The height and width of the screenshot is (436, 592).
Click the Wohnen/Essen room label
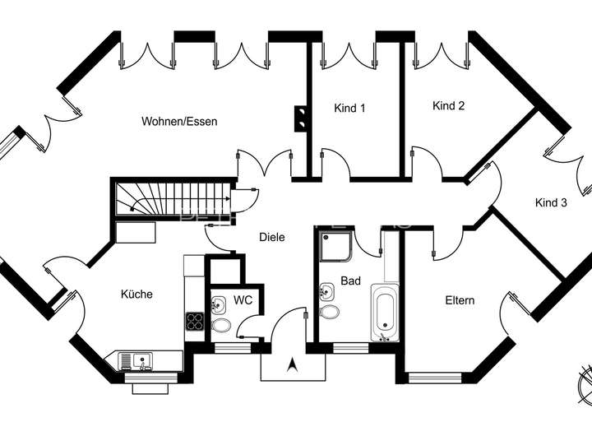[179, 122]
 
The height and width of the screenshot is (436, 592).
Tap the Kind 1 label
[349, 108]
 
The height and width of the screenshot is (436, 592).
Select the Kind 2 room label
[449, 105]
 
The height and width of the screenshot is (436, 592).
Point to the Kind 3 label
[551, 202]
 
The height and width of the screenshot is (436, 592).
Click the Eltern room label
[460, 300]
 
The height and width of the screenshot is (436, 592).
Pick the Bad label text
[351, 281]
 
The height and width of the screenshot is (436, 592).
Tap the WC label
[243, 300]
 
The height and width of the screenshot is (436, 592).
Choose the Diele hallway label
[272, 237]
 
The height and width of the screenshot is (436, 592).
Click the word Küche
[136, 294]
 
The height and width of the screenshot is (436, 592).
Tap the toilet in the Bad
[330, 313]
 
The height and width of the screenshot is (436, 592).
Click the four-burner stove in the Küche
[195, 322]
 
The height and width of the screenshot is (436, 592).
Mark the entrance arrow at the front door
[291, 364]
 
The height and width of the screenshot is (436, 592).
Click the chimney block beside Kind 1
[302, 118]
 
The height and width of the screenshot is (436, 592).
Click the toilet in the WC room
[221, 326]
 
